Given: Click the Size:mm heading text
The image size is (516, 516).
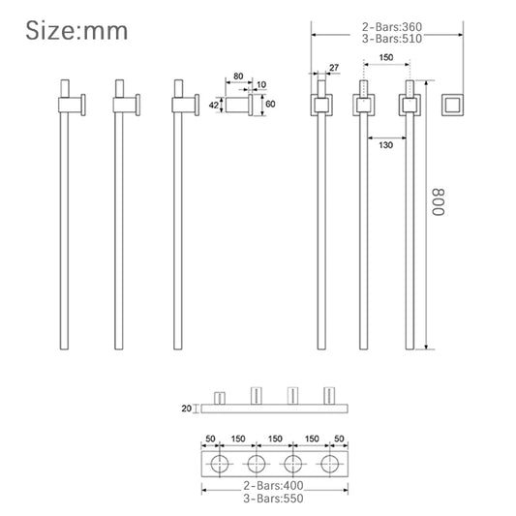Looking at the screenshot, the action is (x=76, y=31).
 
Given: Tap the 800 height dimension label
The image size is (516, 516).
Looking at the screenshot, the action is (x=438, y=202).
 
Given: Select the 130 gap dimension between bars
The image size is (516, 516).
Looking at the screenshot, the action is (x=385, y=145).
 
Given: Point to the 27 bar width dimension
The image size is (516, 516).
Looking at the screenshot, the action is (x=334, y=68).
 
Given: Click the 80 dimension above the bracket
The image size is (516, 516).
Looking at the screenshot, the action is (x=238, y=76).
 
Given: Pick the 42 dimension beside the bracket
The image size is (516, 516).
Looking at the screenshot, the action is (x=214, y=105).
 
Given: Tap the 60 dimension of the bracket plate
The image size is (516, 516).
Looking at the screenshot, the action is (x=270, y=104).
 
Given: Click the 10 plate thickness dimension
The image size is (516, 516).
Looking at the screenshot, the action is (x=261, y=84).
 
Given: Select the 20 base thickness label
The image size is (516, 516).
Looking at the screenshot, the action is (x=186, y=409).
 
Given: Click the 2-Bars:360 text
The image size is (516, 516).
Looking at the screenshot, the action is (x=392, y=27).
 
